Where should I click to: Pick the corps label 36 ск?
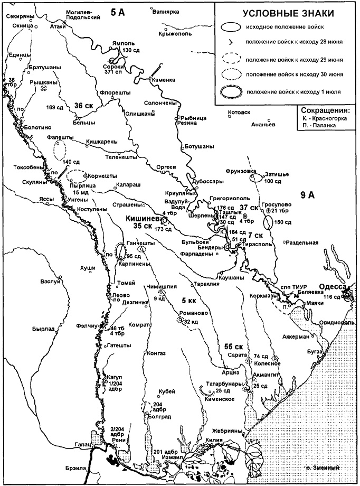coord(84,105)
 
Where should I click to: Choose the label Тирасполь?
coord(255,246)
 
